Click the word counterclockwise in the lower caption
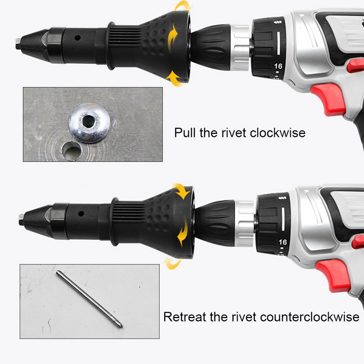point(310,317)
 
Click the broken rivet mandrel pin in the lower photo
point(88,301)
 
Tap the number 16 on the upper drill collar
point(278,66)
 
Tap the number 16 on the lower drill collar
point(283,242)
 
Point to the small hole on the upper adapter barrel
point(78,38)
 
